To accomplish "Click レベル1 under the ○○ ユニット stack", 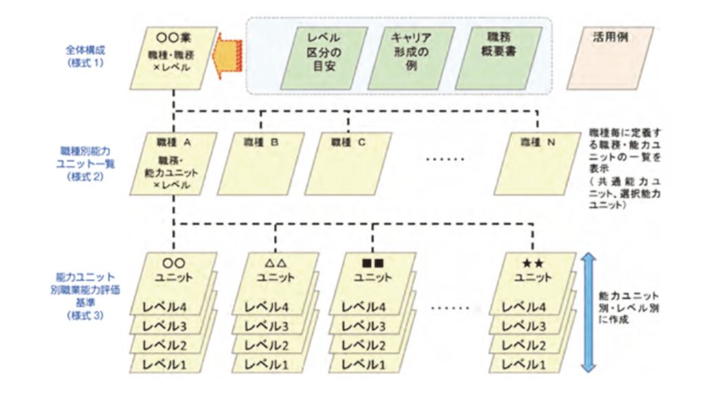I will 163,364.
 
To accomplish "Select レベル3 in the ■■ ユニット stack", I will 362,326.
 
